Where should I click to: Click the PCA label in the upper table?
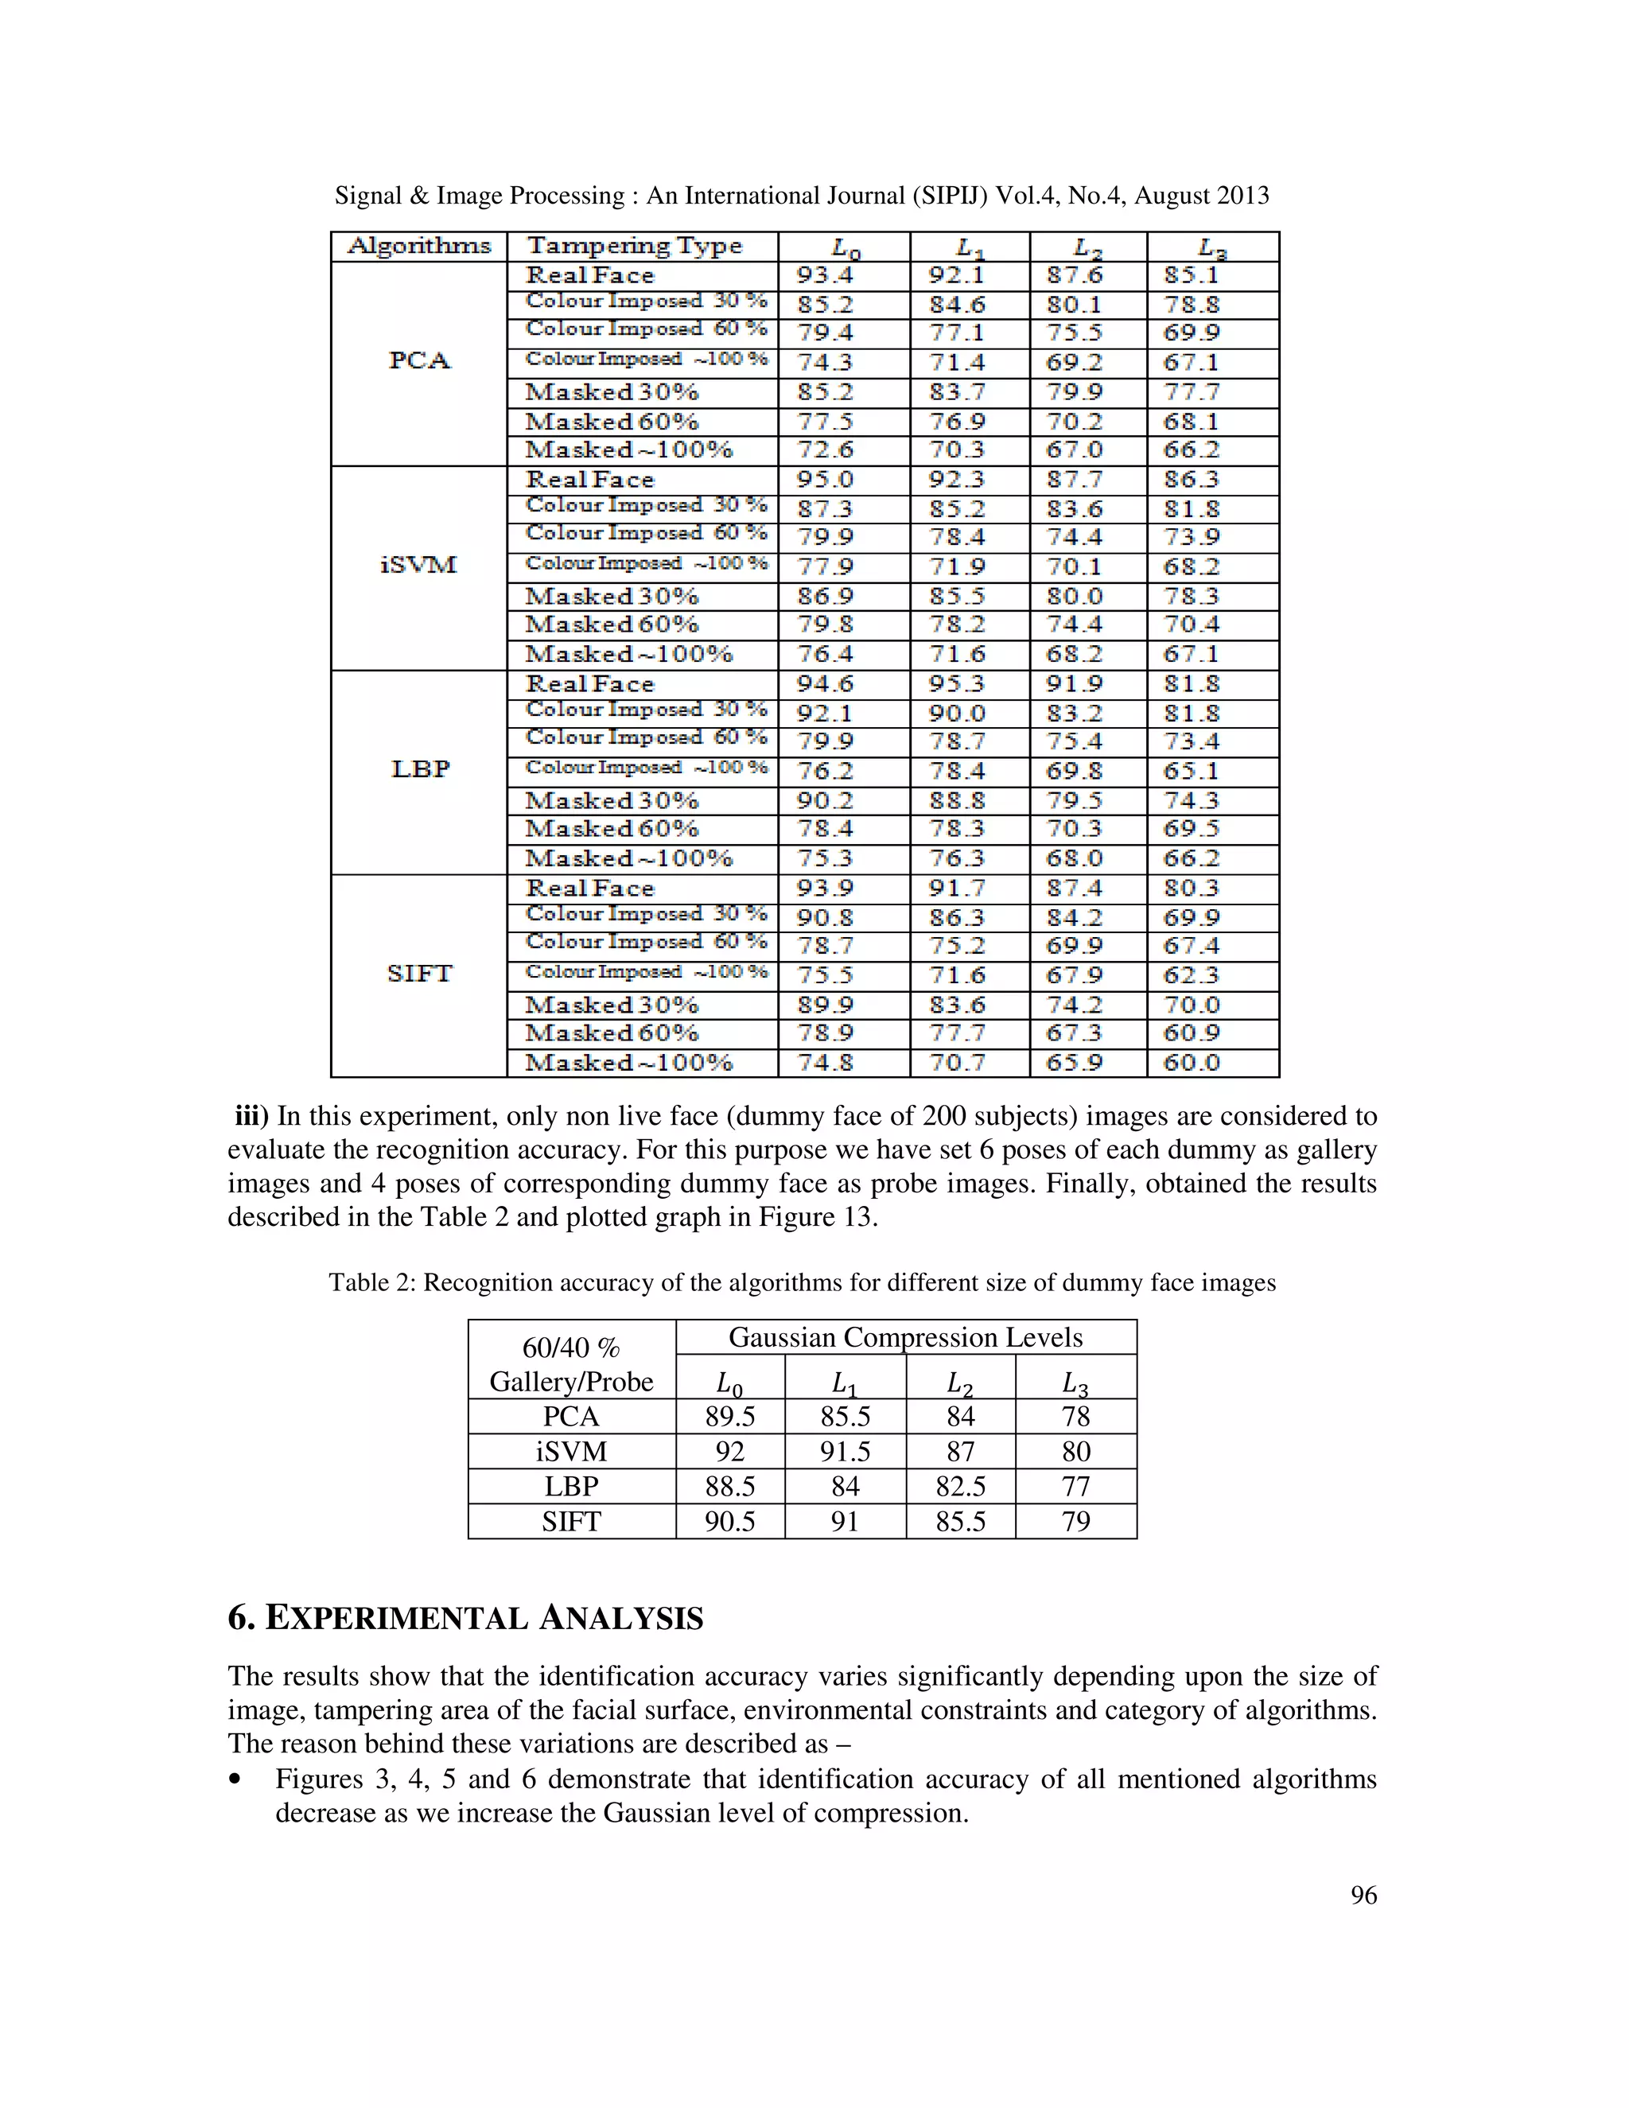click(x=420, y=361)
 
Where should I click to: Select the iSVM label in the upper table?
click(x=419, y=566)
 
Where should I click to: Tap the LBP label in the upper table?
click(x=420, y=769)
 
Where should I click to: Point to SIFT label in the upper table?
click(x=420, y=974)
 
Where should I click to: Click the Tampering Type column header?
click(x=634, y=246)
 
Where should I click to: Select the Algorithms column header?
click(x=419, y=246)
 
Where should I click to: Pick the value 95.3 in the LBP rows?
click(x=956, y=684)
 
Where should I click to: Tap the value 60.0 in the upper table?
click(x=1192, y=1063)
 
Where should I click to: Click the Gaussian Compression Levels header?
click(x=905, y=1337)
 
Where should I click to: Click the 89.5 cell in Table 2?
click(x=729, y=1416)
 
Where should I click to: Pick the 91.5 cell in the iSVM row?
click(x=845, y=1452)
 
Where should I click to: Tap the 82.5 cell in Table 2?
click(x=960, y=1487)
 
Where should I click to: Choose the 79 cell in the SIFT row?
click(x=1075, y=1521)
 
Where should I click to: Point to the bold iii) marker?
click(x=252, y=1116)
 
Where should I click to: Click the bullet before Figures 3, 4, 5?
click(x=235, y=1779)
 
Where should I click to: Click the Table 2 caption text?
click(x=802, y=1283)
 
